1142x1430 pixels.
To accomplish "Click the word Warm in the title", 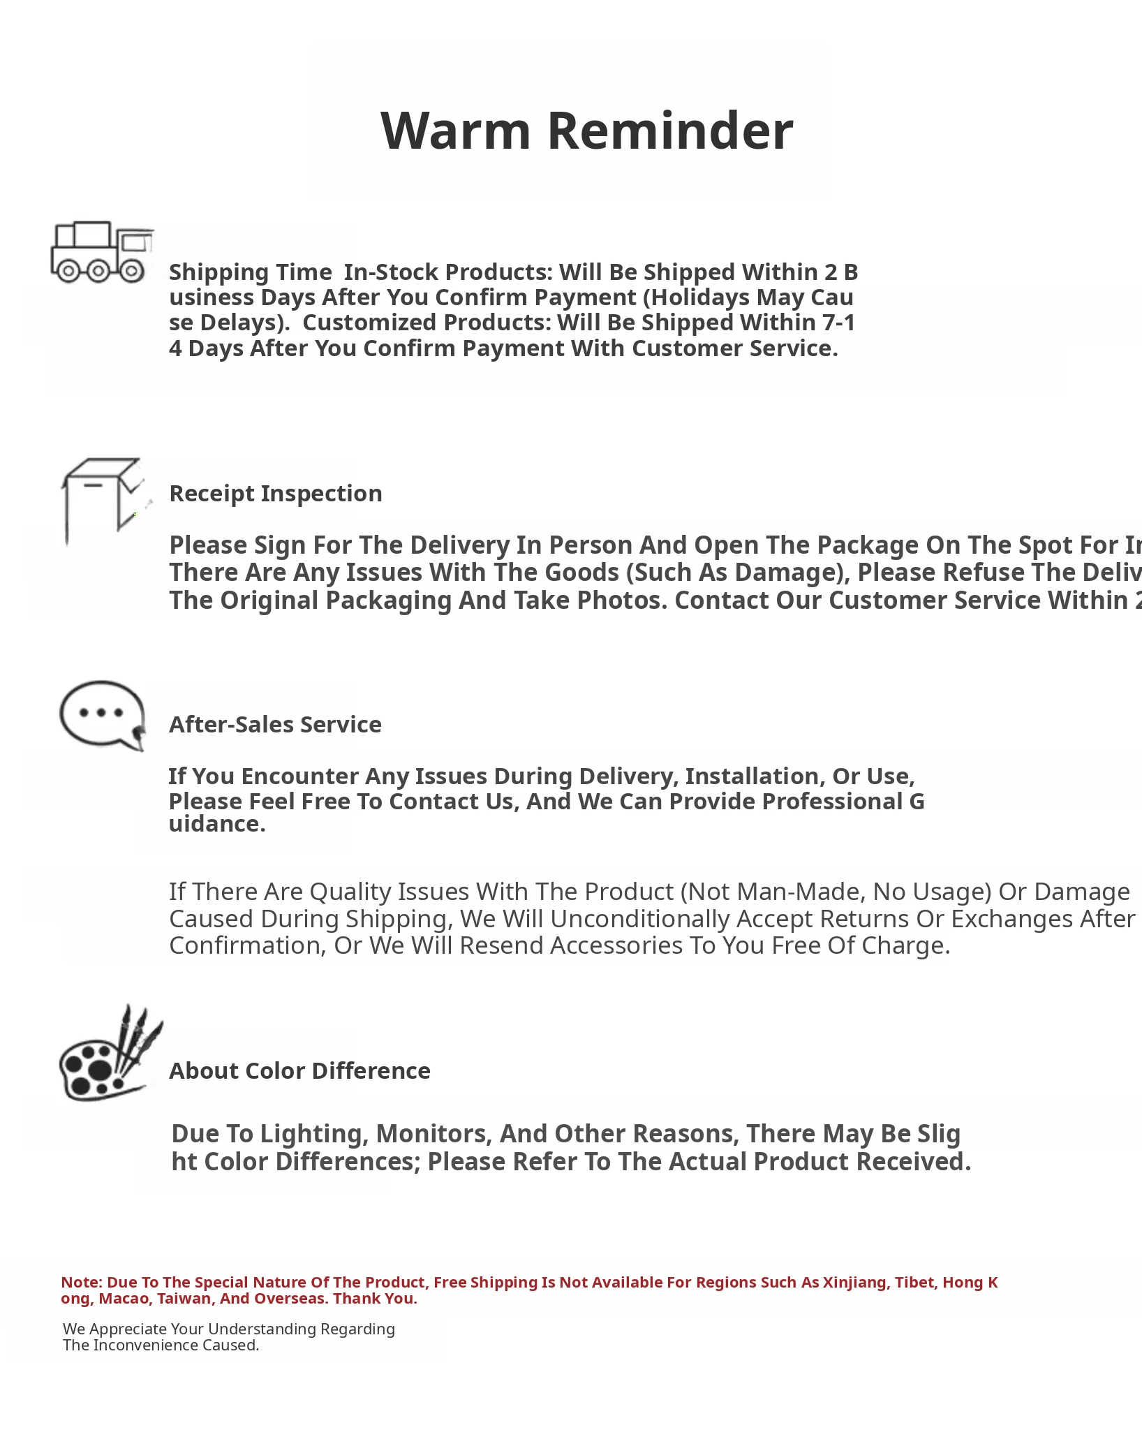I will [455, 131].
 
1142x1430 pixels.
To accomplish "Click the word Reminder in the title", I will [670, 131].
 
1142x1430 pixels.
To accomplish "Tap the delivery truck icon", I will [101, 252].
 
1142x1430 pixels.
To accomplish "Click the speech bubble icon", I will [102, 715].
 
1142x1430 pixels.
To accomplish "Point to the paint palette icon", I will [108, 1056].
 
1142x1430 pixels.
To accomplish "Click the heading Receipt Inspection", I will [276, 494].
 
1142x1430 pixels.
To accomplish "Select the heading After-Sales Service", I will [275, 725].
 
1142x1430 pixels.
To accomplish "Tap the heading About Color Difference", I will [299, 1071].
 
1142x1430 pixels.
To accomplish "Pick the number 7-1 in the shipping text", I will [838, 323].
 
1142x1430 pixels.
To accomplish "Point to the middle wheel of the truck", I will [99, 270].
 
